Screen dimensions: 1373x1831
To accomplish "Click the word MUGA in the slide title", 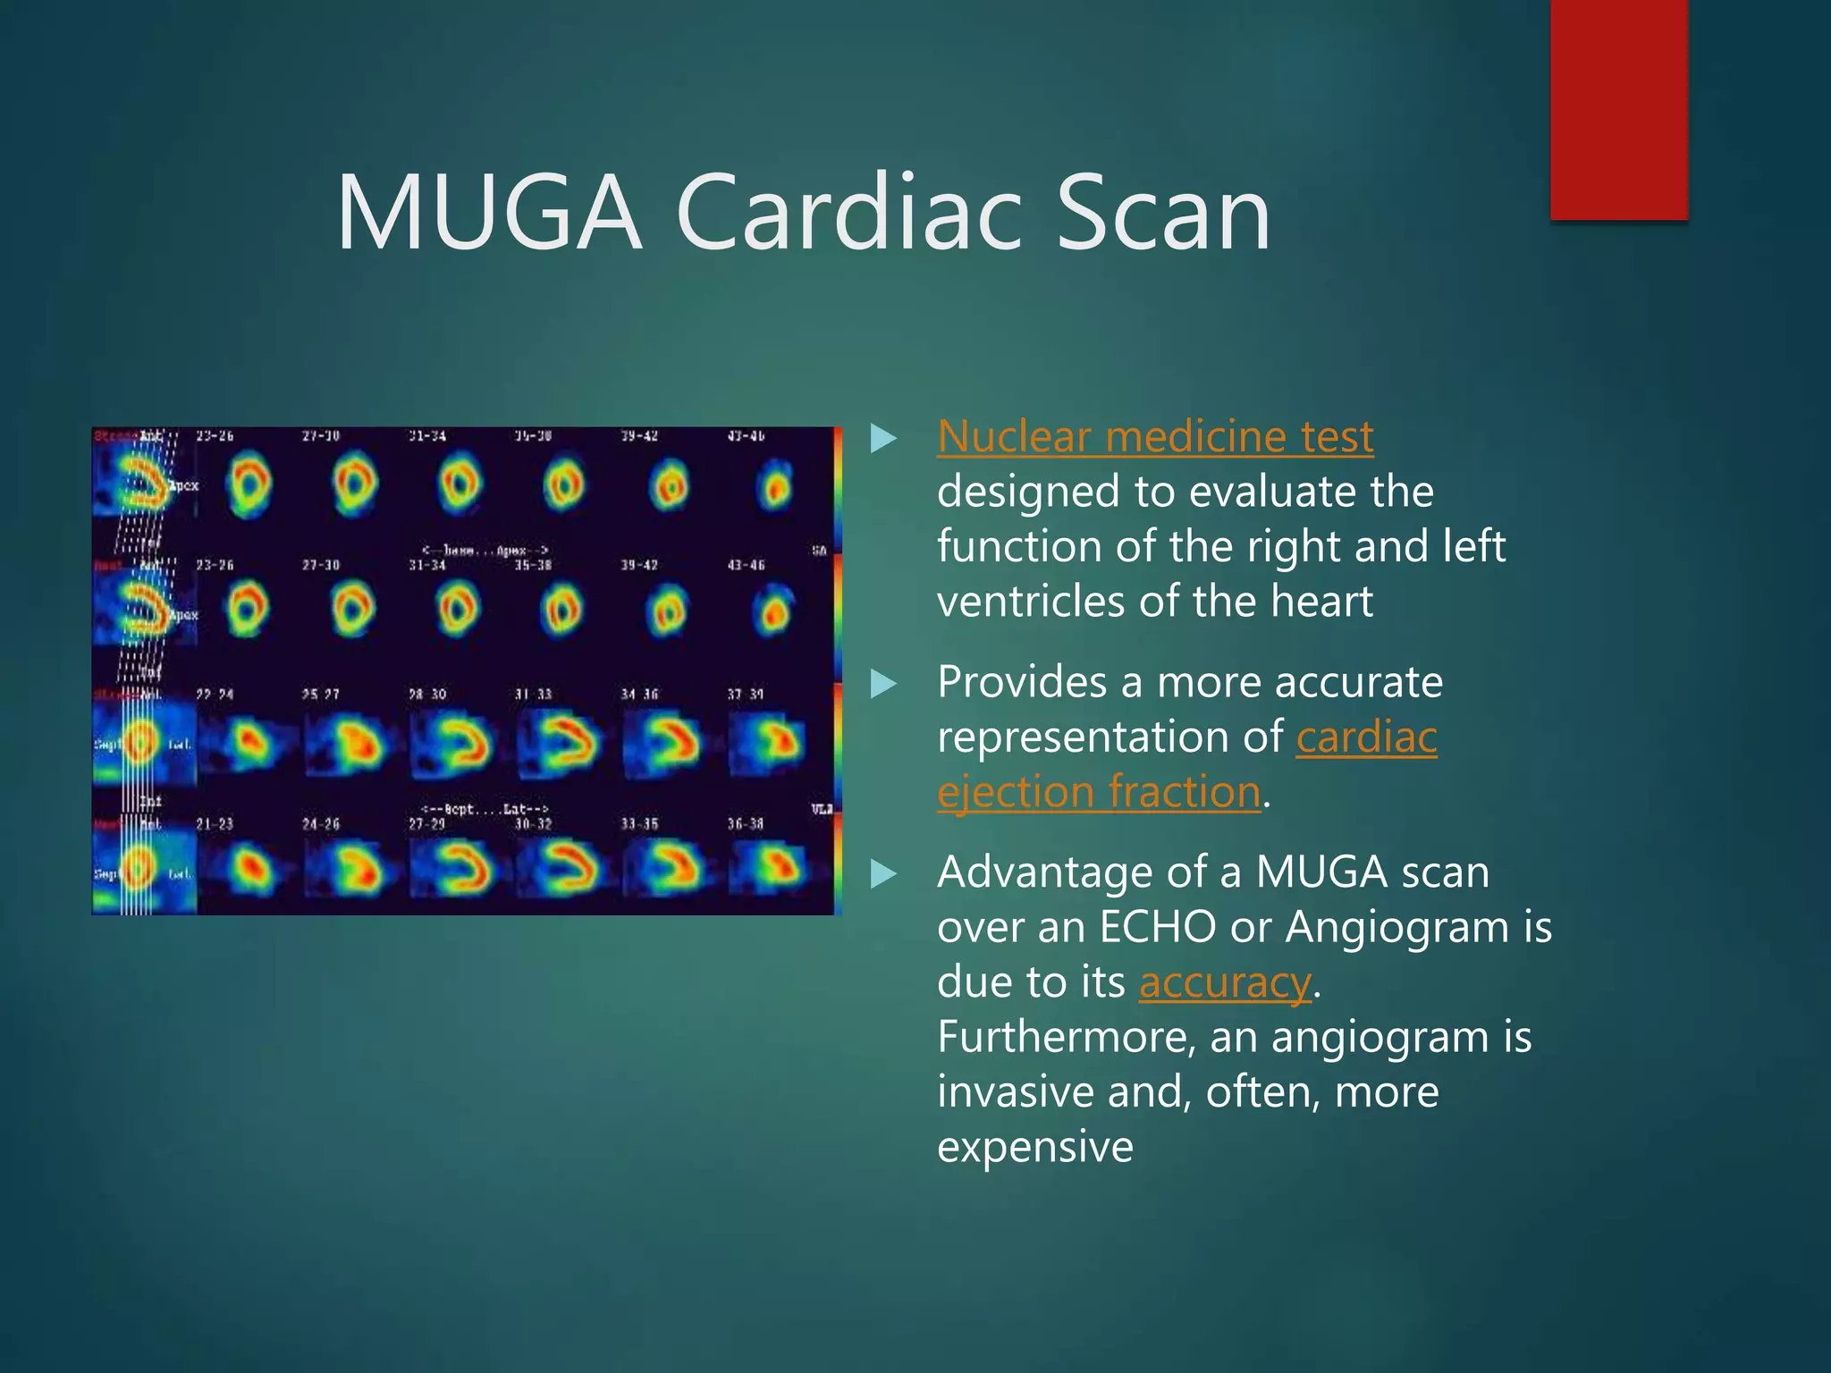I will (488, 215).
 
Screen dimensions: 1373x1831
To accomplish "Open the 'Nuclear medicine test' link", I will (1155, 438).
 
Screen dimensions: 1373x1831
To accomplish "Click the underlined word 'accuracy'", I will (1225, 983).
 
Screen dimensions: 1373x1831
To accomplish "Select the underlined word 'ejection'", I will (1016, 793).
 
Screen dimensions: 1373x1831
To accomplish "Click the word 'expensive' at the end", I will (1035, 1147).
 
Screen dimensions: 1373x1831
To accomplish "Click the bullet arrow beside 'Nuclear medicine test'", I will (883, 438).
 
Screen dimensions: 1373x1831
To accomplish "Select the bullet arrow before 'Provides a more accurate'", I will (883, 684).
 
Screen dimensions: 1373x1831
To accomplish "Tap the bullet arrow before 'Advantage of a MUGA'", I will (883, 873).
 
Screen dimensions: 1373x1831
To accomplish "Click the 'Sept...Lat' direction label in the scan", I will (484, 809).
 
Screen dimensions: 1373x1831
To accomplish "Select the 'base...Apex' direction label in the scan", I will (484, 551).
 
